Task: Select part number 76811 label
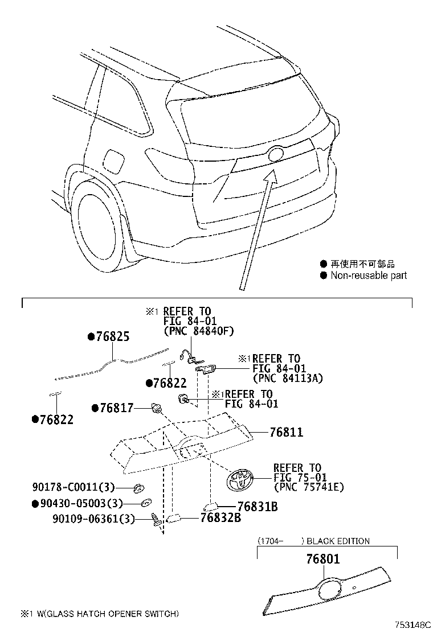point(287,432)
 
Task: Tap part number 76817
point(117,408)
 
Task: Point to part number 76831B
point(258,506)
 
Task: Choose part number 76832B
point(220,517)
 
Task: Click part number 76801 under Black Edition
point(323,559)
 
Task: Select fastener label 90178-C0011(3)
point(73,487)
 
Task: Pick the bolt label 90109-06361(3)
point(93,519)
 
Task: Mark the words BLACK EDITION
point(338,541)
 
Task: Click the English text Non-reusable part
point(369,276)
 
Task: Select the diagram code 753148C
point(413,624)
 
